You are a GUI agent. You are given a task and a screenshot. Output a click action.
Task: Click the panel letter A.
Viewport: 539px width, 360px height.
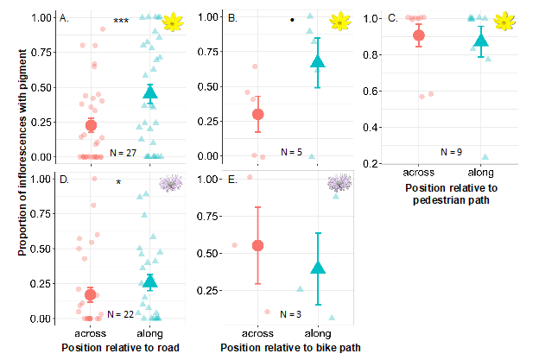(x=64, y=17)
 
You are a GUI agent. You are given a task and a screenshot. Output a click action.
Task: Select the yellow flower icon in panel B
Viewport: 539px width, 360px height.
(x=343, y=20)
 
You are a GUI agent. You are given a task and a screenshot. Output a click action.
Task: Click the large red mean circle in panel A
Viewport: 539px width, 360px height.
(x=91, y=125)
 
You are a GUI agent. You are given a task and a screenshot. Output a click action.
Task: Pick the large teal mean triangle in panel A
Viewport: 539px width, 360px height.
(x=151, y=92)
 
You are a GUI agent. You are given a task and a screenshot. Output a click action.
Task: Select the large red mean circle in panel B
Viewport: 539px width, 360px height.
(x=257, y=114)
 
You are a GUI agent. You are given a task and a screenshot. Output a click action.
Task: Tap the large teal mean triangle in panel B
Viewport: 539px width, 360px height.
(x=318, y=61)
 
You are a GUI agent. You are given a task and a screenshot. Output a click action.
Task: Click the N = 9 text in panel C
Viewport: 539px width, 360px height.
(x=451, y=151)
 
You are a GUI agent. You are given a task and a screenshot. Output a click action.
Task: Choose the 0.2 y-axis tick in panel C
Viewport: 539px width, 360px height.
(x=377, y=164)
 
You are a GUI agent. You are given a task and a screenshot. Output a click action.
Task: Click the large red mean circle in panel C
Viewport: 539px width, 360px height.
(x=419, y=35)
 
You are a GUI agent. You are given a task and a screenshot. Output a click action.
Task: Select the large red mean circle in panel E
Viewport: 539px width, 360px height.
(x=257, y=245)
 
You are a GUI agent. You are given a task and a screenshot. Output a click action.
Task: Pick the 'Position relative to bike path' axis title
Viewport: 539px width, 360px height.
(x=289, y=347)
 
